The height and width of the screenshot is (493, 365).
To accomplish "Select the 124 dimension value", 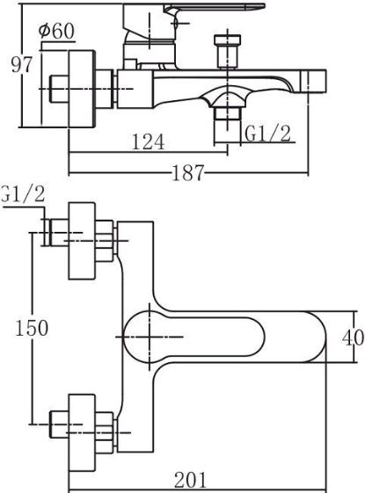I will pos(149,141).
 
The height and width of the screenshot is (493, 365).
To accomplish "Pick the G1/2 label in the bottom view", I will pos(22,195).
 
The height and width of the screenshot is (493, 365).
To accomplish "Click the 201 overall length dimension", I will pos(191,480).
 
